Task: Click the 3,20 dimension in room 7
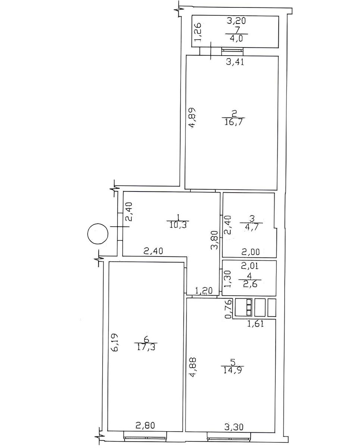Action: (236, 21)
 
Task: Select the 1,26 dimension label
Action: (198, 32)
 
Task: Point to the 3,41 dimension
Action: (235, 62)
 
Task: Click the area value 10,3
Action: (178, 225)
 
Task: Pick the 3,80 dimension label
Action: (215, 240)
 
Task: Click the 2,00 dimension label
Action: (251, 252)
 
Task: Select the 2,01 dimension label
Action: (250, 266)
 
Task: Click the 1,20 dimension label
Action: (204, 290)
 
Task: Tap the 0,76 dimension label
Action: (229, 309)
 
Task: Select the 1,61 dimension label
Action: (255, 324)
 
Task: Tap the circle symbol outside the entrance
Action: (98, 234)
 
